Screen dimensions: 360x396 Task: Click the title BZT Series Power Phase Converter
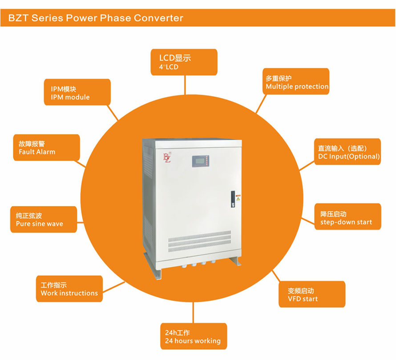[x=96, y=18]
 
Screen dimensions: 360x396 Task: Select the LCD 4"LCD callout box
[x=184, y=62]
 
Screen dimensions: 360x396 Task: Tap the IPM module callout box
[x=77, y=92]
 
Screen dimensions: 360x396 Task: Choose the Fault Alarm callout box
[x=46, y=147]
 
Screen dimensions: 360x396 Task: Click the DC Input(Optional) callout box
[x=348, y=152]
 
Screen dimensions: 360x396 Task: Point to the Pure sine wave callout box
[x=43, y=219]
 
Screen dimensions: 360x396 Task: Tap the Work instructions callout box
[x=69, y=288]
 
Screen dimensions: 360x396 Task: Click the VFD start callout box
[x=311, y=294]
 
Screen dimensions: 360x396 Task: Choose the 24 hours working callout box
[x=193, y=336]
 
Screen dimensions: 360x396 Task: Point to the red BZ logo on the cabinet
[x=167, y=158]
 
